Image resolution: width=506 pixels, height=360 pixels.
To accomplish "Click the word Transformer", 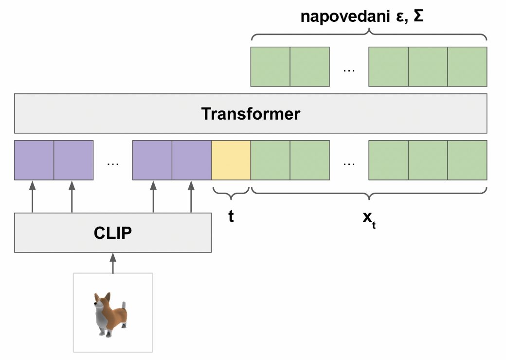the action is click(251, 114).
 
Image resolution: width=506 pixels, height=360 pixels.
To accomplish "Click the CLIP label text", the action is click(113, 233).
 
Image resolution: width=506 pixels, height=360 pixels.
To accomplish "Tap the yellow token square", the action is click(231, 160).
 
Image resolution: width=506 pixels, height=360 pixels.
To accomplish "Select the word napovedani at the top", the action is click(345, 17).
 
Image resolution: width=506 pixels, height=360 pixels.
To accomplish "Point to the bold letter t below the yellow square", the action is click(231, 216).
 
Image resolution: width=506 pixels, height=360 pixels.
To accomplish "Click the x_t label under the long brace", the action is click(369, 219).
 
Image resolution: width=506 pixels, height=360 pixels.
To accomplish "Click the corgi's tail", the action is click(124, 305).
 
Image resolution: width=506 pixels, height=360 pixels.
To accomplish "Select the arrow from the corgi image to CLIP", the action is click(113, 263).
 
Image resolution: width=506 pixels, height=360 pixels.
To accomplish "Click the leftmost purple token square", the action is click(34, 160).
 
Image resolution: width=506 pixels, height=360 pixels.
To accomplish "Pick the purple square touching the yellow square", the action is click(192, 160).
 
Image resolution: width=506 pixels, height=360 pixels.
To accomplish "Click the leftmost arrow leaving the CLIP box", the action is click(32, 197).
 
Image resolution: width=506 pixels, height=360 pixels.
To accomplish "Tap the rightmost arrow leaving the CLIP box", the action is click(191, 197).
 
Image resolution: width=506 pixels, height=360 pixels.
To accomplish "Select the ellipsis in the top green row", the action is click(349, 71).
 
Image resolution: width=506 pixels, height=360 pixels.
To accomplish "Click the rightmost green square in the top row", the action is click(467, 67).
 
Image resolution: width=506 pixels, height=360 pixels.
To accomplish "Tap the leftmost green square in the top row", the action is click(271, 67).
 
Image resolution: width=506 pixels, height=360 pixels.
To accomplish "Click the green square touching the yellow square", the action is click(271, 160).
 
